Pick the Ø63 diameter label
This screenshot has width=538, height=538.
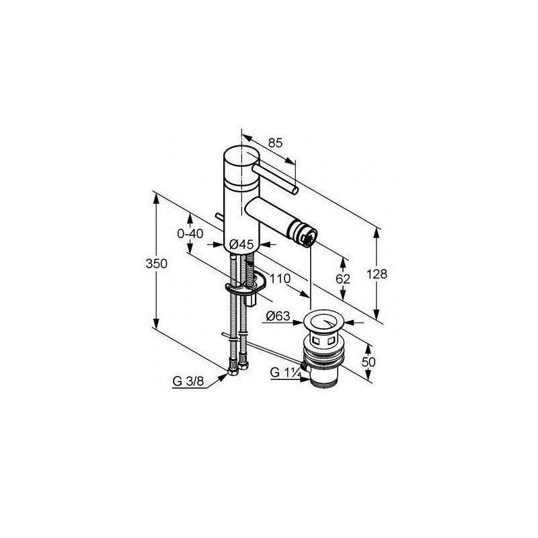coord(276,316)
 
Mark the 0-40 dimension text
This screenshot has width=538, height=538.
coord(190,233)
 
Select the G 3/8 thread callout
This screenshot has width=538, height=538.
coord(186,381)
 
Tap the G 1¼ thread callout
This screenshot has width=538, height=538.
coord(284,372)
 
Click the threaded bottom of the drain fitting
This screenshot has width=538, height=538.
coord(324,380)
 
